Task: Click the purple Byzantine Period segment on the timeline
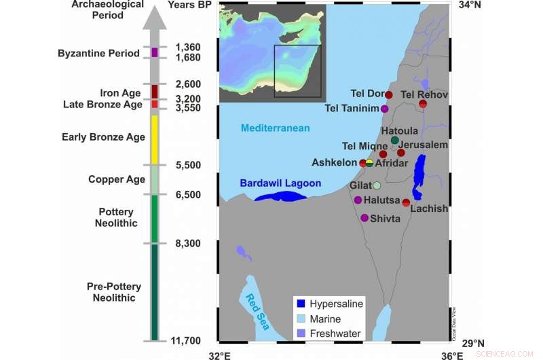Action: pos(155,52)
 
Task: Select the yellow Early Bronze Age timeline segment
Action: pos(155,139)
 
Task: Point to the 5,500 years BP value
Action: pos(187,165)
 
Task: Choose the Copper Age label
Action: pos(117,179)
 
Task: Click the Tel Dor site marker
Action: pos(389,94)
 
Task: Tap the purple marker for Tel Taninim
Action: pos(385,109)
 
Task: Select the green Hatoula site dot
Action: pos(394,140)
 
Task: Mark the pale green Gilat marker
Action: pos(377,185)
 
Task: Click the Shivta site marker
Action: pos(364,218)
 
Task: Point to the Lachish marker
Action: pos(406,202)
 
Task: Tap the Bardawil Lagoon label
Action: pos(280,183)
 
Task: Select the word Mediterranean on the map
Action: pos(276,128)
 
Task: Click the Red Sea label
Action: pos(257,311)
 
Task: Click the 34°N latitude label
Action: pos(470,5)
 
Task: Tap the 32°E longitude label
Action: pos(219,354)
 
